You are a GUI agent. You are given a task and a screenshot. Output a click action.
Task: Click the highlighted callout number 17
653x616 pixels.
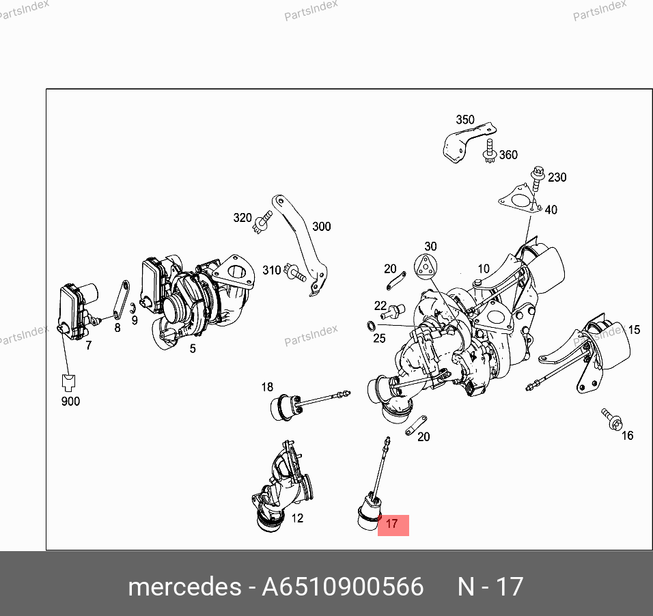click(x=392, y=524)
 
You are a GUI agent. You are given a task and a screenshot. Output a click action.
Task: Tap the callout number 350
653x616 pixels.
click(x=465, y=120)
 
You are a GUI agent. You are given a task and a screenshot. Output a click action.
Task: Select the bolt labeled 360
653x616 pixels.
click(x=489, y=151)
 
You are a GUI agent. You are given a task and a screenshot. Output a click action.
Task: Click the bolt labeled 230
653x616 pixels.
click(x=538, y=178)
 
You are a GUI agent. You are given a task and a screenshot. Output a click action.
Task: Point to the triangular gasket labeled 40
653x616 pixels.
click(x=520, y=200)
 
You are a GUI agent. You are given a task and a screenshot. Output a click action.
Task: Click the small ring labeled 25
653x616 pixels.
click(x=371, y=325)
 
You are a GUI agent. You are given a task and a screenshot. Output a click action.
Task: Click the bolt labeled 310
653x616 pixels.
click(x=295, y=272)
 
